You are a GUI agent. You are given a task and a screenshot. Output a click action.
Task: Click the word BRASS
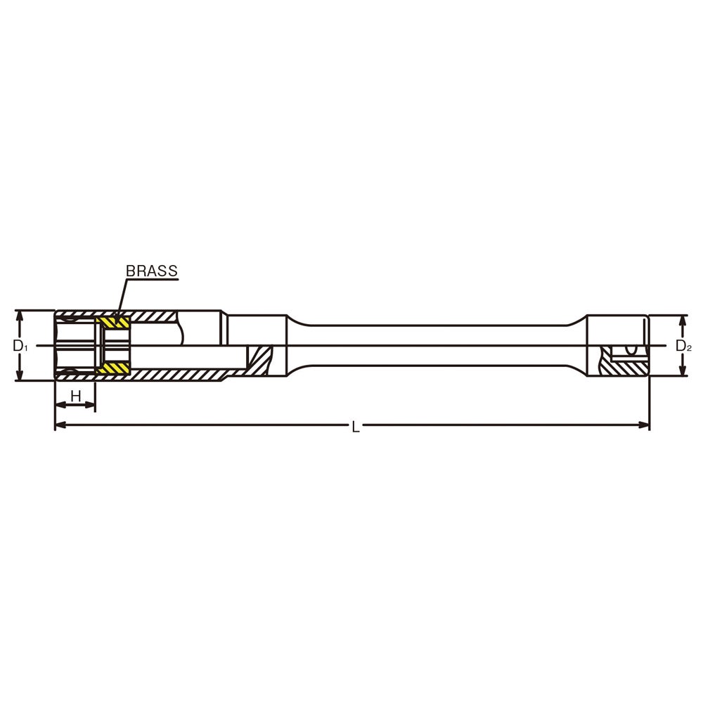[152, 271]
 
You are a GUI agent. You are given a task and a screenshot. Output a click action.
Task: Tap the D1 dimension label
[19, 346]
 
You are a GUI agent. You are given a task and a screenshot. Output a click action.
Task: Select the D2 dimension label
[683, 346]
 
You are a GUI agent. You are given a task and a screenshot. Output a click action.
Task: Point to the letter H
[76, 396]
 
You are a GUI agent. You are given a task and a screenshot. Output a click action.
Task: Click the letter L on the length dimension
[355, 427]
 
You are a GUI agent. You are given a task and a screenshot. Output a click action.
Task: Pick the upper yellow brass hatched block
[114, 323]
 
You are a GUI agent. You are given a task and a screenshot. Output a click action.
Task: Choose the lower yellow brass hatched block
[114, 368]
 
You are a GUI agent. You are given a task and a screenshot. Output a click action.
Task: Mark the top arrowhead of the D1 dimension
[19, 316]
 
